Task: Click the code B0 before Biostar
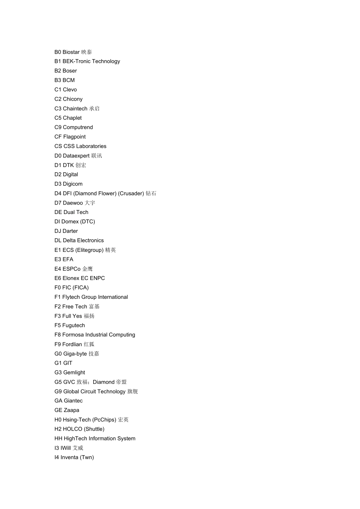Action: click(58, 52)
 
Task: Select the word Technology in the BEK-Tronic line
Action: click(106, 61)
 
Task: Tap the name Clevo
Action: click(70, 90)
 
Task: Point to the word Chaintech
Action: click(75, 109)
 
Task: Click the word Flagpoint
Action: click(74, 137)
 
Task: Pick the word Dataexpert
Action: click(76, 156)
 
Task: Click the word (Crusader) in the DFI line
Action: click(131, 194)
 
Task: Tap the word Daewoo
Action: click(73, 203)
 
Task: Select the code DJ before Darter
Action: click(58, 231)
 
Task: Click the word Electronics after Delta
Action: click(88, 240)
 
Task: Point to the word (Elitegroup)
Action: click(89, 250)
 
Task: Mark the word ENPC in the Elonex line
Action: click(97, 278)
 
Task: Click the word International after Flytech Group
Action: click(113, 297)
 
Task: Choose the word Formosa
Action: click(73, 335)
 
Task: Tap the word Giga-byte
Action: click(75, 354)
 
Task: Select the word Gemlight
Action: click(74, 373)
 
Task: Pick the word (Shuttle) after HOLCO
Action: click(94, 429)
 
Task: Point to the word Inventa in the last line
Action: click(69, 457)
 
